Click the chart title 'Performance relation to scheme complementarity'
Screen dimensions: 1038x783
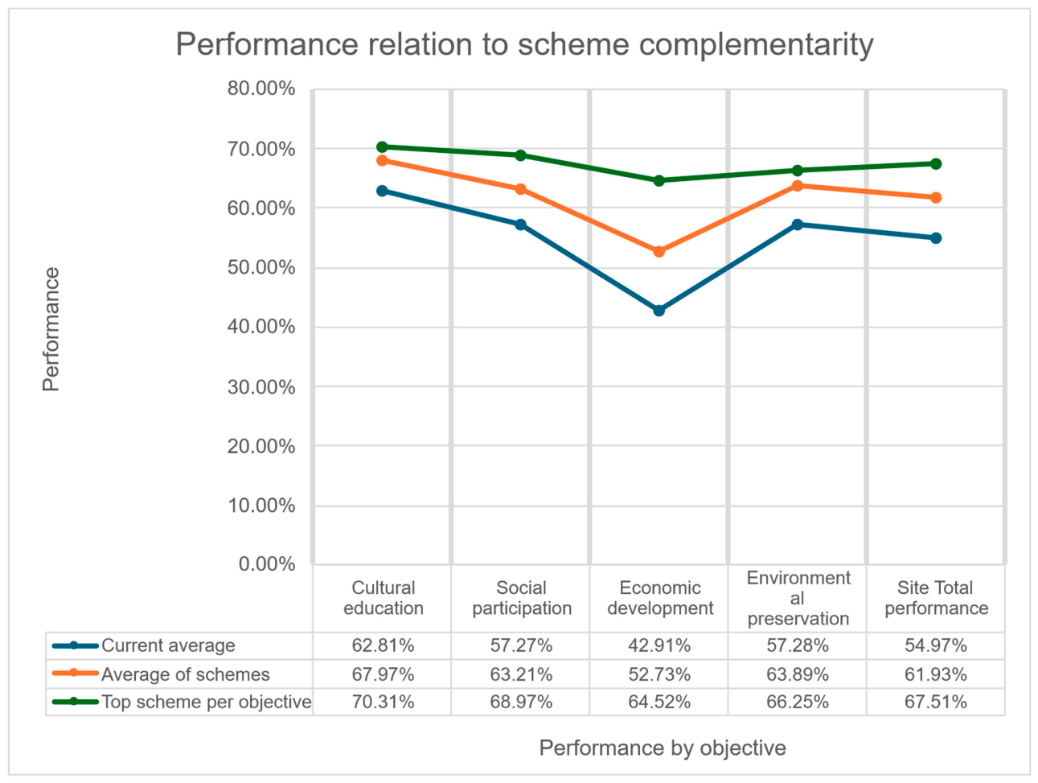click(524, 45)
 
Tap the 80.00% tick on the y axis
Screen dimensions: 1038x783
click(261, 89)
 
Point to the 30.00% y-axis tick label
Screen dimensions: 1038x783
click(261, 388)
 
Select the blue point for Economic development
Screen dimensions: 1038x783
click(658, 311)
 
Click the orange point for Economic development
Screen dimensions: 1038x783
click(658, 252)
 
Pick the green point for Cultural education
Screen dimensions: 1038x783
click(382, 146)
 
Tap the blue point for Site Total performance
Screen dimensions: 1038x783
click(935, 238)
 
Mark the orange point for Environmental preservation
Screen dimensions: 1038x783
click(798, 186)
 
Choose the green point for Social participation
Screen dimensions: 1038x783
click(520, 155)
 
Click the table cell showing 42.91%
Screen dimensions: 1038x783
click(659, 645)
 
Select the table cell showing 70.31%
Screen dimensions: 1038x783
click(383, 702)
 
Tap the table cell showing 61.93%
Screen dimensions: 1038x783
click(936, 674)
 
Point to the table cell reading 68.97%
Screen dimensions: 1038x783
click(521, 702)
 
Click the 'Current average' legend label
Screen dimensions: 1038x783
click(168, 645)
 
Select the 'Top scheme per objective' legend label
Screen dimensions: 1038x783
click(207, 702)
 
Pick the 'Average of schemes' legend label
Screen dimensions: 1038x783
click(186, 674)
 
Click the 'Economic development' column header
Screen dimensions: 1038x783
click(660, 598)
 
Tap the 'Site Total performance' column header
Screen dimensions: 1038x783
click(937, 598)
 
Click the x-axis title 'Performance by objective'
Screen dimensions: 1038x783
click(663, 748)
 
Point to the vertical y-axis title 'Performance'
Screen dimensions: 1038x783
click(51, 329)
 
